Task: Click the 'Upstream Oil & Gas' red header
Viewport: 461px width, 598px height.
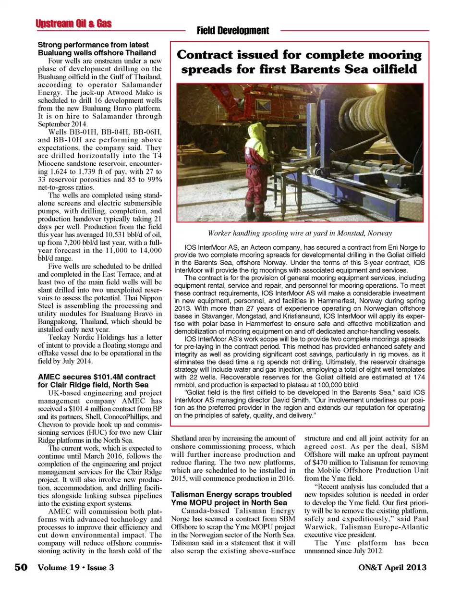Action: [x=73, y=24]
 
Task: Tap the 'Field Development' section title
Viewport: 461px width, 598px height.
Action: [x=233, y=31]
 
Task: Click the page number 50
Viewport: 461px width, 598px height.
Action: [x=21, y=567]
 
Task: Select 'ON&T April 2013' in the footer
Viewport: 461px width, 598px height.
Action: [x=392, y=567]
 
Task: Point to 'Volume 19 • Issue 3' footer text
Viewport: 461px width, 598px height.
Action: [x=76, y=567]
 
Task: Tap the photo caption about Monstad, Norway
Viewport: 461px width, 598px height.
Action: [x=300, y=233]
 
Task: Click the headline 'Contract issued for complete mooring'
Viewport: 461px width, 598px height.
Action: [x=299, y=55]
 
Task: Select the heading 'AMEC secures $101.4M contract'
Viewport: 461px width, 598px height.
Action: [x=97, y=377]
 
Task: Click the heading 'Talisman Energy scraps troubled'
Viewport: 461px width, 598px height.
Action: [x=231, y=494]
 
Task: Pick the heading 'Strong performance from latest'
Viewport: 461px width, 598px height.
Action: [x=93, y=45]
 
